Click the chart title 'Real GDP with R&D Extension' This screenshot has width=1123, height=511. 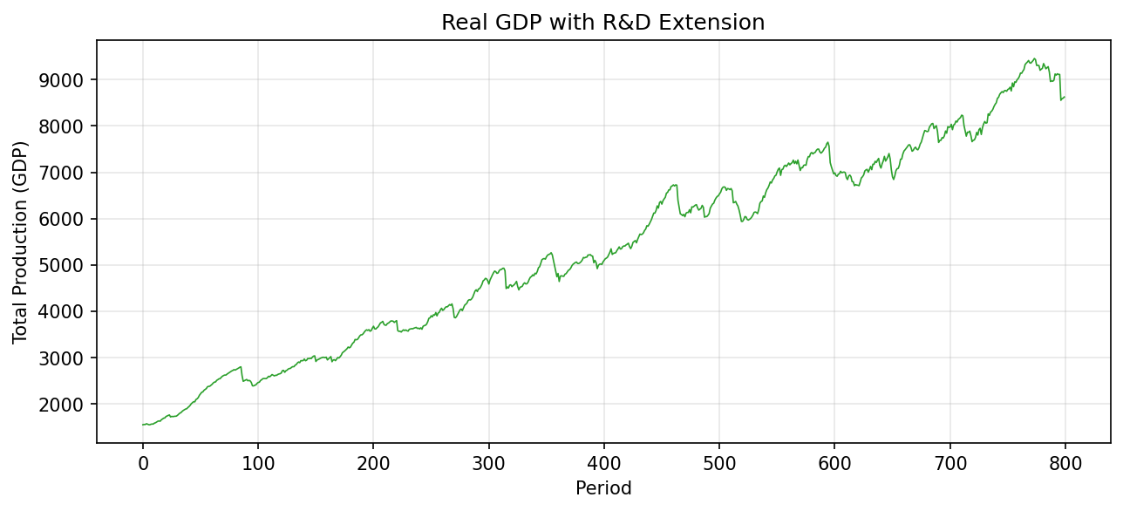(602, 23)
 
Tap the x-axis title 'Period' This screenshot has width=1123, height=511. (602, 488)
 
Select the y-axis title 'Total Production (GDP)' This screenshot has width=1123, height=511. (20, 242)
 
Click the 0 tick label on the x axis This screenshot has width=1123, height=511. (143, 461)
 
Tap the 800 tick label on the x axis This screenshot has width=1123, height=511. (1065, 461)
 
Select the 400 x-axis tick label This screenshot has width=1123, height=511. (603, 461)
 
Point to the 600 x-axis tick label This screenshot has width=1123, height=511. (834, 461)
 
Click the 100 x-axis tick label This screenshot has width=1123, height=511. (258, 461)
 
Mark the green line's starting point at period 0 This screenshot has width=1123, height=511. (143, 425)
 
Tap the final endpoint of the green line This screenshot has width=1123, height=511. (1065, 97)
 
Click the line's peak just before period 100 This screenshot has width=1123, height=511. (241, 367)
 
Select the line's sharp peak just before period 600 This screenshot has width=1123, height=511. (827, 142)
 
